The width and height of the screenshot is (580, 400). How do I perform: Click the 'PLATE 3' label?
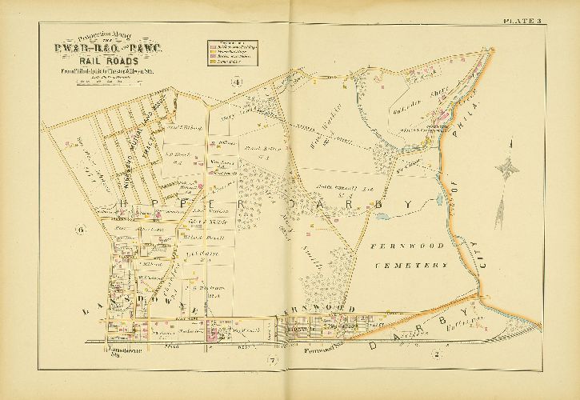click(x=546, y=19)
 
